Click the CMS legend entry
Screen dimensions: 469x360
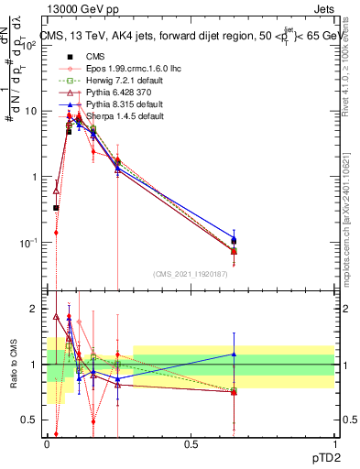[82, 57]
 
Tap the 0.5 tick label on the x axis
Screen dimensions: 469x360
[191, 445]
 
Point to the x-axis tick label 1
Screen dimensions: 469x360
[334, 445]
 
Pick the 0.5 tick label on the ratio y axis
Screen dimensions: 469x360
[30, 420]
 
